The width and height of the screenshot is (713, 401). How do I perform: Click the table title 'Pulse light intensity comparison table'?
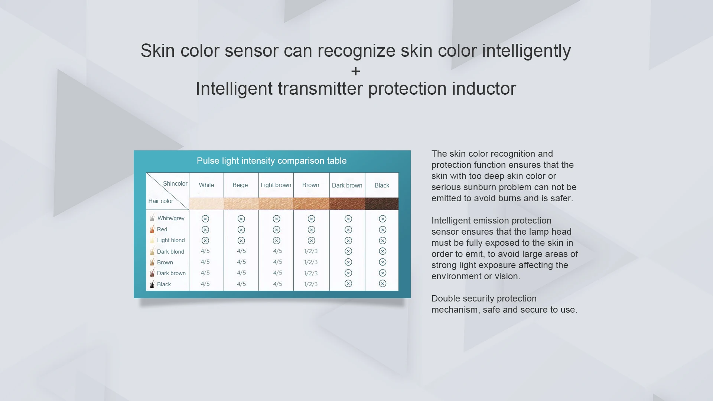271,161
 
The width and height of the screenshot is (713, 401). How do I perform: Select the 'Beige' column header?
240,185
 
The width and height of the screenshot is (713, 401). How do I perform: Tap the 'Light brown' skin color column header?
276,185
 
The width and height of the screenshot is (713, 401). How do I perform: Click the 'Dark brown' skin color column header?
347,185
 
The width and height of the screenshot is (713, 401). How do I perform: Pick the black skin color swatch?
382,203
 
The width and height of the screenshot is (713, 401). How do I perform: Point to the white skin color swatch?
206,203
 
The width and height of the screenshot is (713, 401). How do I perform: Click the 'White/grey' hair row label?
171,218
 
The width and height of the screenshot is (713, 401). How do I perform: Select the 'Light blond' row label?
171,240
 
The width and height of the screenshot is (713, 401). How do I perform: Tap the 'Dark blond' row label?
170,252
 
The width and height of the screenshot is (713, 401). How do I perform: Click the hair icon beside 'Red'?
152,229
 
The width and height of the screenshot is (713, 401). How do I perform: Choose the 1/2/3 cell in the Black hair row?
311,284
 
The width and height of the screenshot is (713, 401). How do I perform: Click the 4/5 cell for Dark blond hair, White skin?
205,251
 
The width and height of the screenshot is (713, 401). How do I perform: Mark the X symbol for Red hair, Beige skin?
241,230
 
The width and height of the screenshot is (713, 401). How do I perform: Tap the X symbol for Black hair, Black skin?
382,284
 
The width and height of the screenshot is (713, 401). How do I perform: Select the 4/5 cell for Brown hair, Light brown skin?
277,262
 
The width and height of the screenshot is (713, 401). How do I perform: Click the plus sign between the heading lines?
356,71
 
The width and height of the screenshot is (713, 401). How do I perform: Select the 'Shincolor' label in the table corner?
175,183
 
